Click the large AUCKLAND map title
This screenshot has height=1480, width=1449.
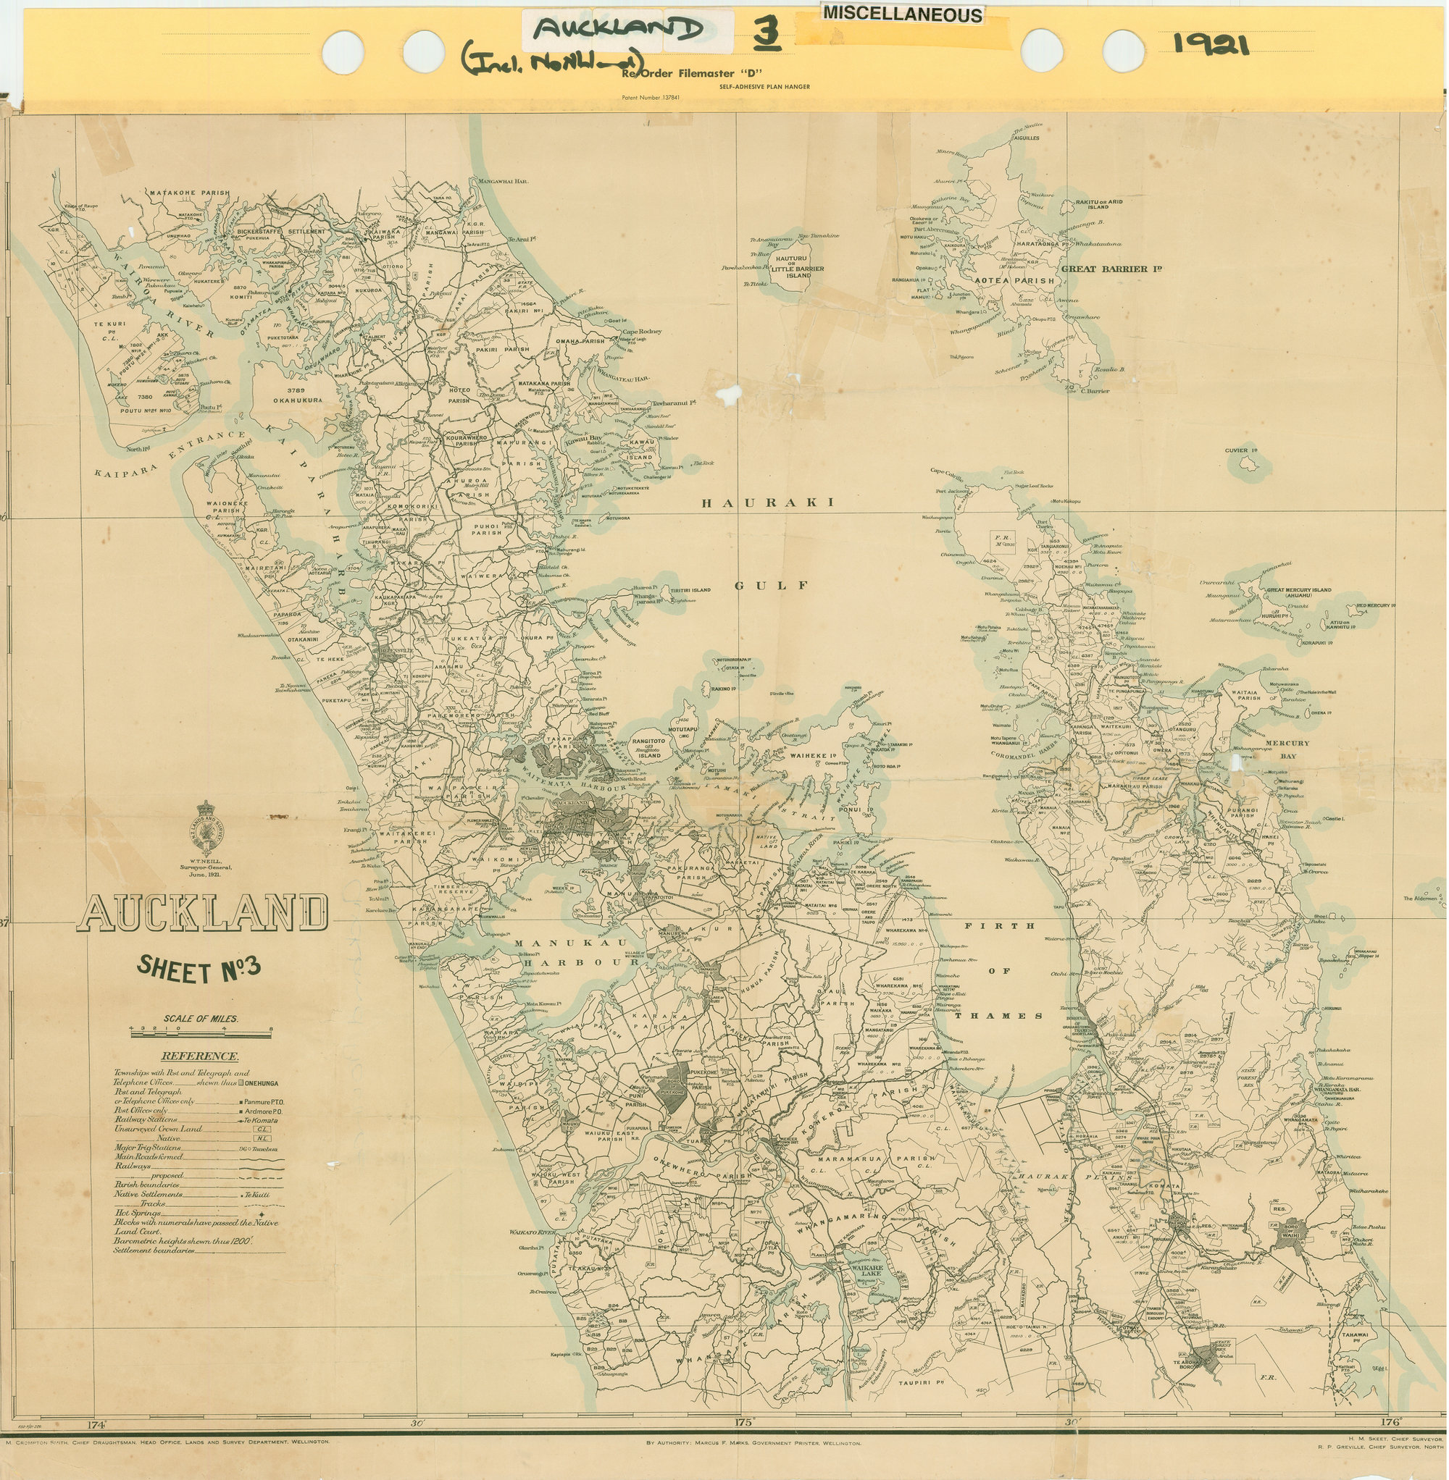click(x=203, y=912)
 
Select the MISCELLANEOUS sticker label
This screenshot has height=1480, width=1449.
click(x=902, y=14)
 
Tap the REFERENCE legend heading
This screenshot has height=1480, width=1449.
click(x=199, y=1056)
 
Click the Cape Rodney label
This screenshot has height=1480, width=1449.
click(x=642, y=332)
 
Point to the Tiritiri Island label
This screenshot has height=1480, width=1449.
click(x=690, y=590)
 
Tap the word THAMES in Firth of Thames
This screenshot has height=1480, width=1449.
click(x=998, y=1016)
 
